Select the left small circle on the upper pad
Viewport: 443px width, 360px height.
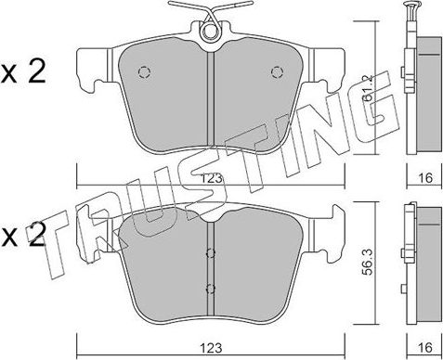(x=144, y=73)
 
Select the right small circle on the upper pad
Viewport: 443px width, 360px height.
(x=275, y=73)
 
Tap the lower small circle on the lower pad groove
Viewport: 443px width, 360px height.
(x=210, y=287)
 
